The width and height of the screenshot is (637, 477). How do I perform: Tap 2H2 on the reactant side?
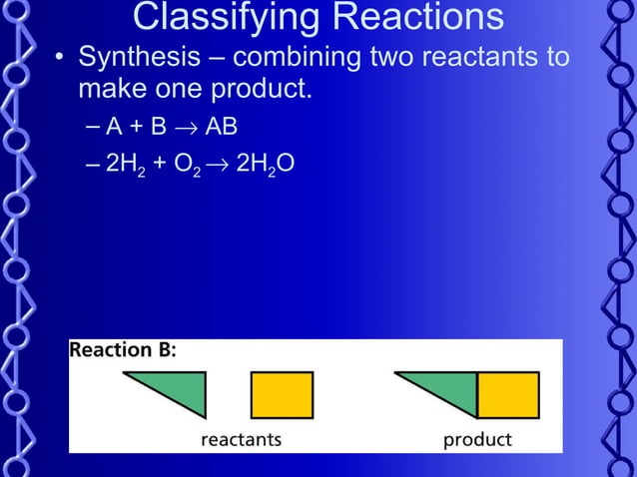coord(126,164)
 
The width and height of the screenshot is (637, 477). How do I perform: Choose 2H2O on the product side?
coord(264,164)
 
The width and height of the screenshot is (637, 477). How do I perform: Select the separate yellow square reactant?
coord(282,394)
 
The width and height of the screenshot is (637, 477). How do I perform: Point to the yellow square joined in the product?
coord(508,394)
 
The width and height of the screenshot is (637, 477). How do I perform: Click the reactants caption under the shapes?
coord(241,439)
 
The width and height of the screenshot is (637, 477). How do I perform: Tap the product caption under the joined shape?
coord(477,439)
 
